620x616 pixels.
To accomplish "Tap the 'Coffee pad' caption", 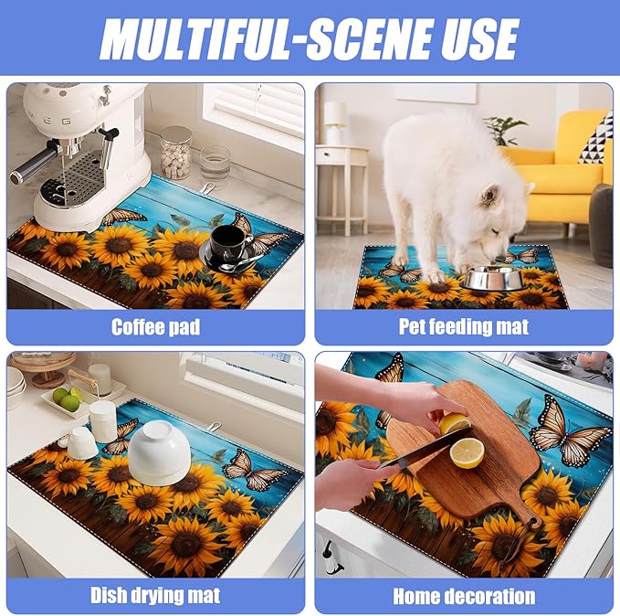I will click(x=155, y=325).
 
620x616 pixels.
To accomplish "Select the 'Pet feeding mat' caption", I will click(x=463, y=325).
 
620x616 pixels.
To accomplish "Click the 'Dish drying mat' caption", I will click(x=155, y=596).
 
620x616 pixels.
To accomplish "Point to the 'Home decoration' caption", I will click(x=463, y=596).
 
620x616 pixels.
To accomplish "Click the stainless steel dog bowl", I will click(x=487, y=278).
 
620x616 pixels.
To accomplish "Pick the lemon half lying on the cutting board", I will click(x=468, y=452).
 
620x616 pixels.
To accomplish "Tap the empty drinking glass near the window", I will click(x=215, y=165).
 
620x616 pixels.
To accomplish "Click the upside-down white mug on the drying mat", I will click(x=83, y=443).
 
